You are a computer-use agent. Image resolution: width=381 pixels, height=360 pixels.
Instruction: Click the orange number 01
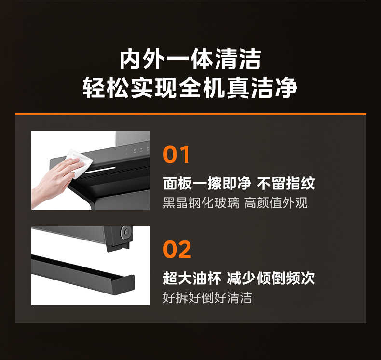coord(177,154)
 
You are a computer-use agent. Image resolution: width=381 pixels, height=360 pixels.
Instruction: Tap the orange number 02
coord(177,249)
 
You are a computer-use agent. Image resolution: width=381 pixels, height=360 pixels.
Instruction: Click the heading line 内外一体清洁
coord(190,59)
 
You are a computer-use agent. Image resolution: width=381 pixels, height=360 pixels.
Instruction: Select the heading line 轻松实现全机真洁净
coord(190,88)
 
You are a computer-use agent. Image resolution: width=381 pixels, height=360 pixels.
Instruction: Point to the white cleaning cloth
coord(80,162)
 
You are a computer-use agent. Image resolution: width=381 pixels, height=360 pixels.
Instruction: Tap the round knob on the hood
coord(126,232)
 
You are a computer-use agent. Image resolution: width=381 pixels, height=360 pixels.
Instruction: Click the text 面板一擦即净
coord(207,183)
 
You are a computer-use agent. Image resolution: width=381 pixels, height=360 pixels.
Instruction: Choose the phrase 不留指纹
coord(286,183)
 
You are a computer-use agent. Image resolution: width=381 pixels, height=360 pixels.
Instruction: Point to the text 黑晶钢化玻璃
coord(201,203)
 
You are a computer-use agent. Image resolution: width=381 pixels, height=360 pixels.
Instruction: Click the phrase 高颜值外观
coord(276,203)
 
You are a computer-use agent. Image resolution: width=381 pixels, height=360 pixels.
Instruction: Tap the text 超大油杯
coord(192,278)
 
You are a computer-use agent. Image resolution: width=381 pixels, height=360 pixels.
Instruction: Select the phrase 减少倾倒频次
coord(271,278)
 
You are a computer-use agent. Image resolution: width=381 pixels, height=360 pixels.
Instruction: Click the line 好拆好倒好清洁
coord(207,298)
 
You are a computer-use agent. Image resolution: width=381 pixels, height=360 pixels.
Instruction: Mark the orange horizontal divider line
coord(190,114)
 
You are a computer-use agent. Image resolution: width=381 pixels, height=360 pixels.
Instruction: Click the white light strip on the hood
coord(100,170)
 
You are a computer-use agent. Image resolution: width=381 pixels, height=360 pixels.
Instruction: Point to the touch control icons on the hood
coord(137,149)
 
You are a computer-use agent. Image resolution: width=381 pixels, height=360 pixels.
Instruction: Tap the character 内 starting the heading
coord(130,59)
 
